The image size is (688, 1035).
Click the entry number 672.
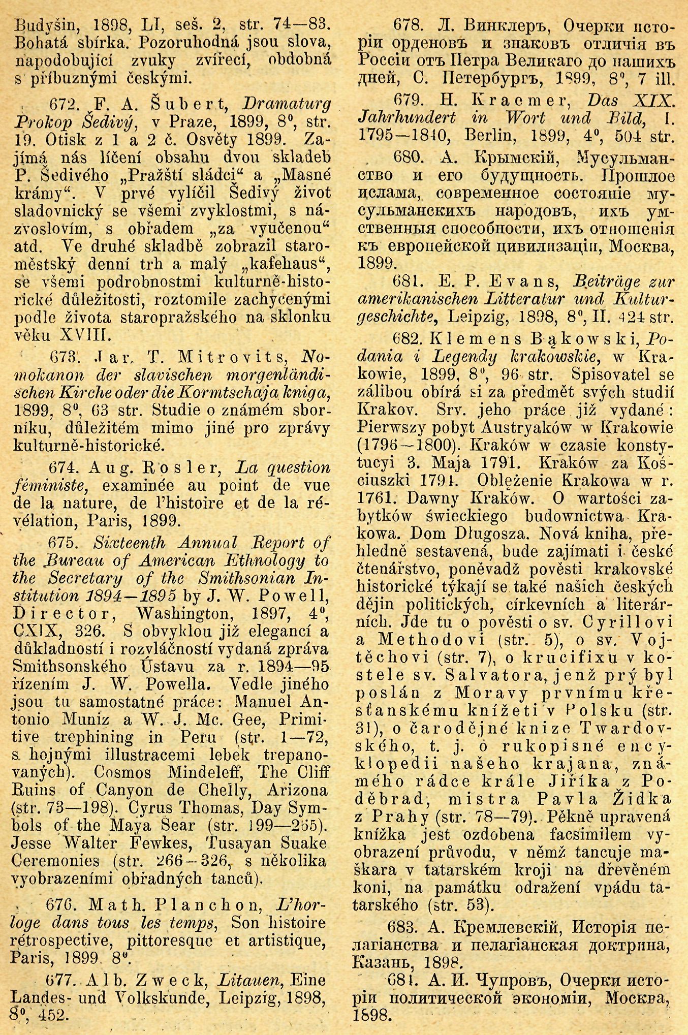coord(62,105)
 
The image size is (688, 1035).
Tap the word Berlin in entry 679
coord(492,136)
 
